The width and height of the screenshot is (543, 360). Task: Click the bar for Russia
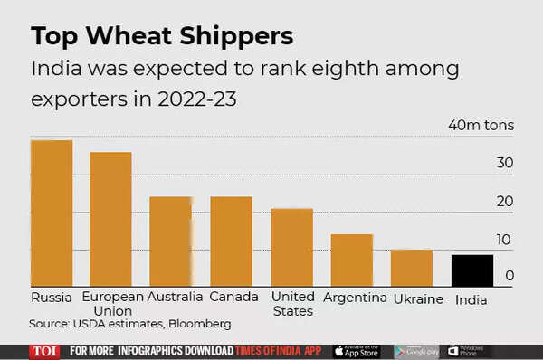[52, 213]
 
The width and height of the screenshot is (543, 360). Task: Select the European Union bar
[110, 220]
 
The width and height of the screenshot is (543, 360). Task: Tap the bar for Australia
[171, 242]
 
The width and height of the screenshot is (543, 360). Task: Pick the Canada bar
[232, 242]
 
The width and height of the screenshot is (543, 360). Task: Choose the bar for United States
[292, 248]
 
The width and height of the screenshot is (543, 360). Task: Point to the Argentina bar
[352, 261]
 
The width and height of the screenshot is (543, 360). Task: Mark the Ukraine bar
[412, 269]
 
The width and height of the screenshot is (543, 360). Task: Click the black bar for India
[472, 271]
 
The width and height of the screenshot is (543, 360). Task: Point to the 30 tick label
[504, 163]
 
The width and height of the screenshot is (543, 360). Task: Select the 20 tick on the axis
[504, 201]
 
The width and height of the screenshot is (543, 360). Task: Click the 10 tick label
[504, 240]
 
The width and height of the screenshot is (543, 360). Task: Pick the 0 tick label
[510, 275]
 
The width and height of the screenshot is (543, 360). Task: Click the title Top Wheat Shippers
[162, 36]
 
